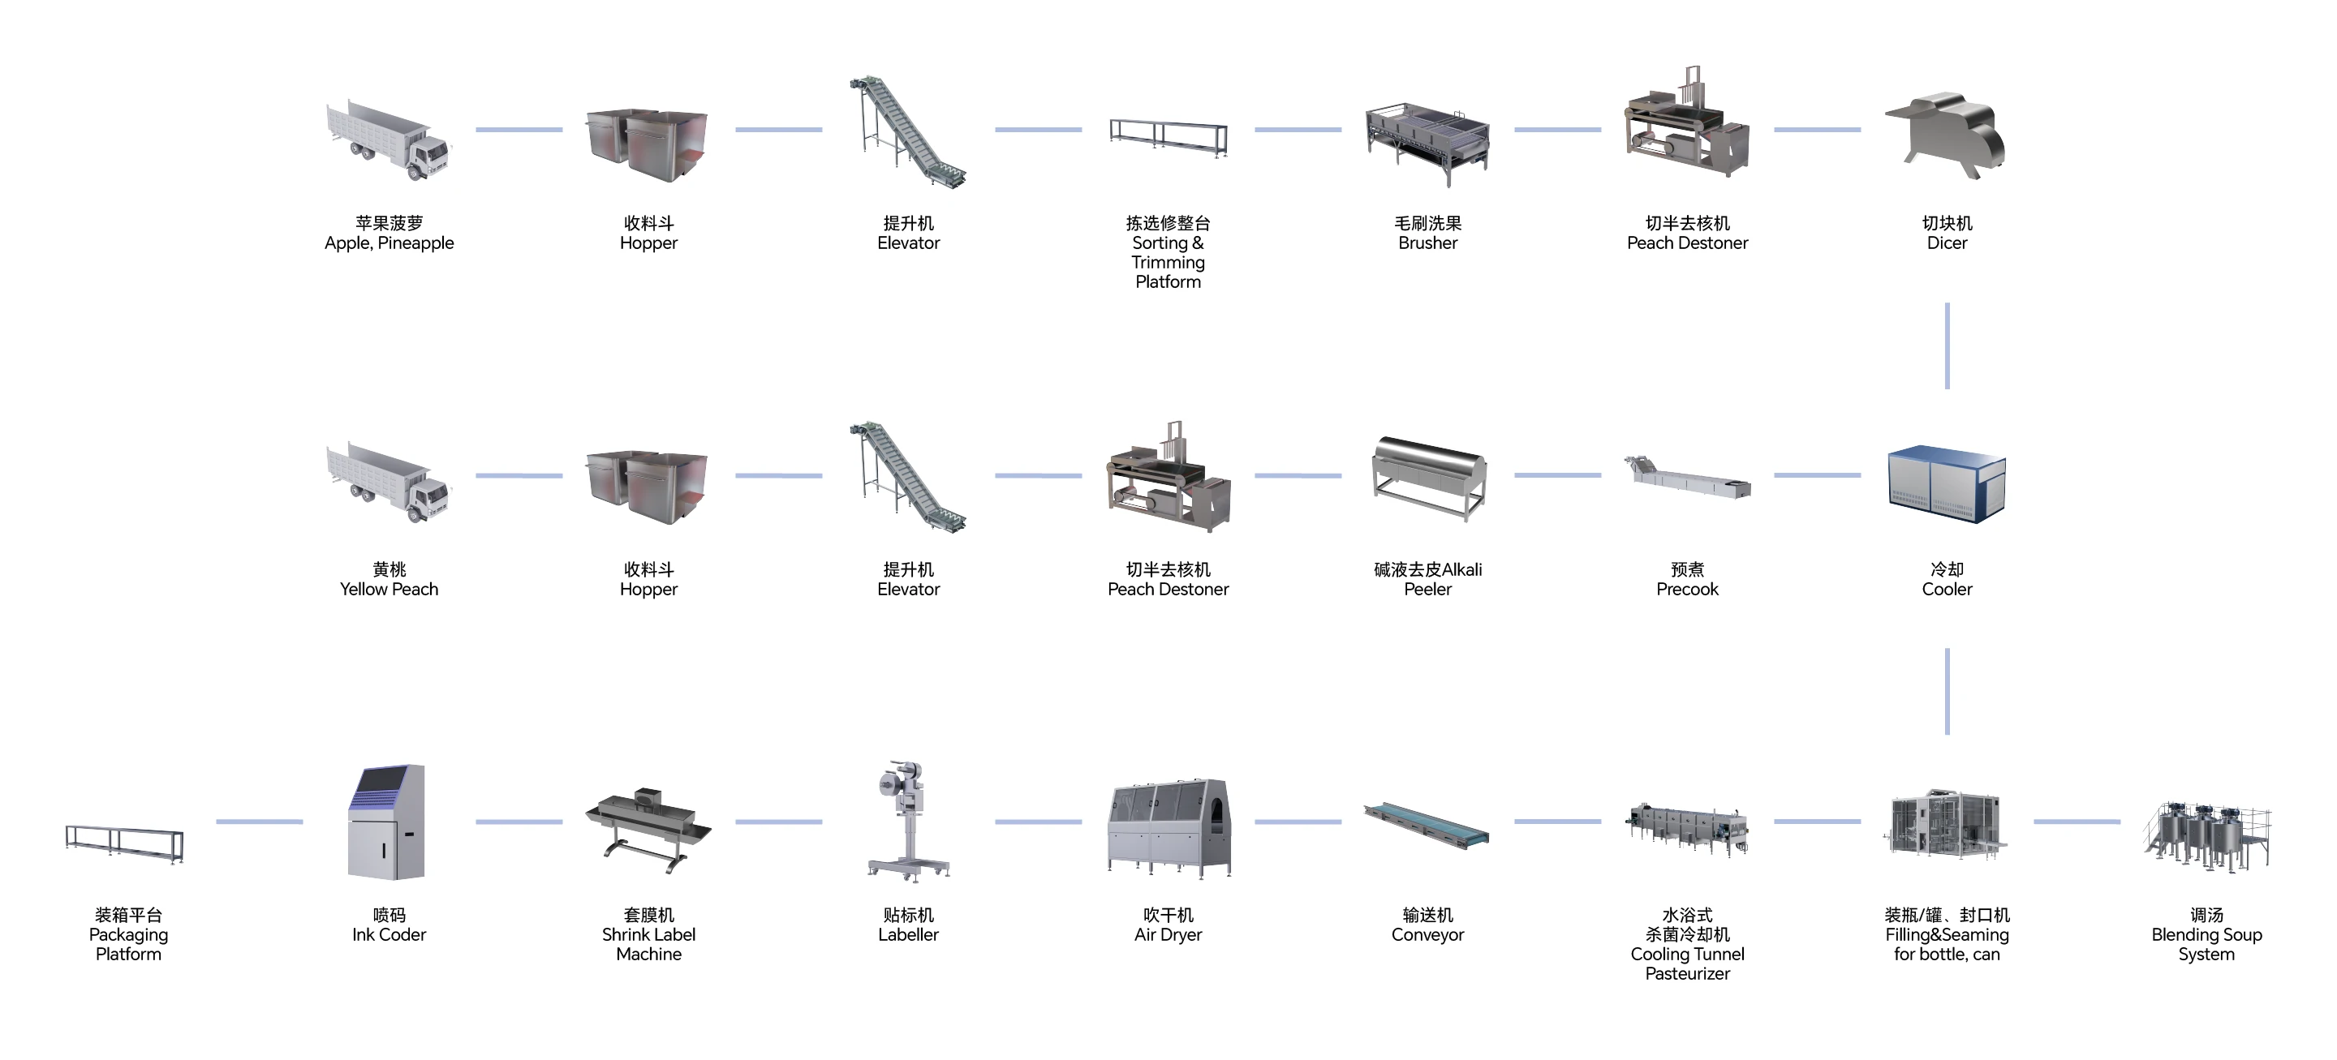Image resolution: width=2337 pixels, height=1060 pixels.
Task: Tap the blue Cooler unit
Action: pyautogui.click(x=1947, y=483)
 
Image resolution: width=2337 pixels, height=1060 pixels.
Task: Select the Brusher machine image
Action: pyautogui.click(x=1427, y=141)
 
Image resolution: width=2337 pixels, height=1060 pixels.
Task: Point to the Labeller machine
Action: pyautogui.click(x=907, y=821)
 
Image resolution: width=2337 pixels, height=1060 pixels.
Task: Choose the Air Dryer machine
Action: pyautogui.click(x=1168, y=827)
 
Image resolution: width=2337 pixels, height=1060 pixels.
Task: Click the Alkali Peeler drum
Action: pyautogui.click(x=1428, y=475)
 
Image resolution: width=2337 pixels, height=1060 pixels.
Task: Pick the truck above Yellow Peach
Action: pyautogui.click(x=389, y=482)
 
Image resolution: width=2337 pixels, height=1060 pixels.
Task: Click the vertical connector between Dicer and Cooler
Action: pyautogui.click(x=1947, y=345)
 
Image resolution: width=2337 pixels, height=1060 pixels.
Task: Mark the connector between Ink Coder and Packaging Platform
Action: pyautogui.click(x=260, y=822)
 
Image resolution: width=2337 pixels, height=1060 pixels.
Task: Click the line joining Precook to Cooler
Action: pyautogui.click(x=1817, y=475)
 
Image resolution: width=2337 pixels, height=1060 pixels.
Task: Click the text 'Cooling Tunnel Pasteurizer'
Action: pyautogui.click(x=1686, y=963)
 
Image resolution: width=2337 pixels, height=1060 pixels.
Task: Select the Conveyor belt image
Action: pyautogui.click(x=1427, y=825)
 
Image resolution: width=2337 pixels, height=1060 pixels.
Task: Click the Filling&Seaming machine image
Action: pyautogui.click(x=1947, y=824)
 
